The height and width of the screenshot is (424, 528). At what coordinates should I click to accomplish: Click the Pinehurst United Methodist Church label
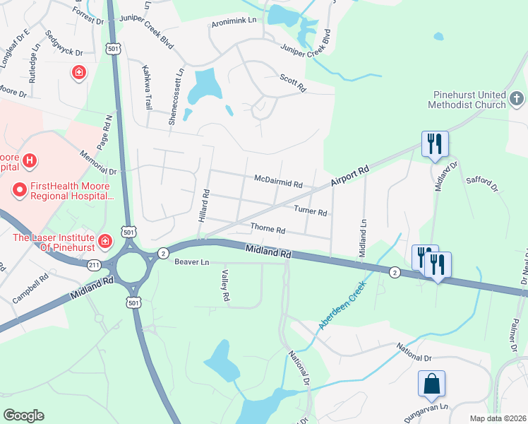tap(467, 100)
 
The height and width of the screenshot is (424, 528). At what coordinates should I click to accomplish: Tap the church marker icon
tap(517, 95)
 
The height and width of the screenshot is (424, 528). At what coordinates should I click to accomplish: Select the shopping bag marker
tap(431, 385)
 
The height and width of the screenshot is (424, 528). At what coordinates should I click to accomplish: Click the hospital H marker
tap(29, 162)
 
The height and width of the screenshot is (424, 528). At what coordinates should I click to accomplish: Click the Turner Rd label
tap(311, 211)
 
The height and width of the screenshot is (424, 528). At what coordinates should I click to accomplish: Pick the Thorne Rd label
tap(268, 230)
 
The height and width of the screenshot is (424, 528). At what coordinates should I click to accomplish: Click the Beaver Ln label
tap(192, 262)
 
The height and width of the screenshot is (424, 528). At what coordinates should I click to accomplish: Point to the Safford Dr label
tap(482, 184)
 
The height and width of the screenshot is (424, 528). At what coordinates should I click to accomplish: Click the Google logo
tap(23, 416)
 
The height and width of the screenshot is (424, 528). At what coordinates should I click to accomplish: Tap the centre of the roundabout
tap(131, 268)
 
